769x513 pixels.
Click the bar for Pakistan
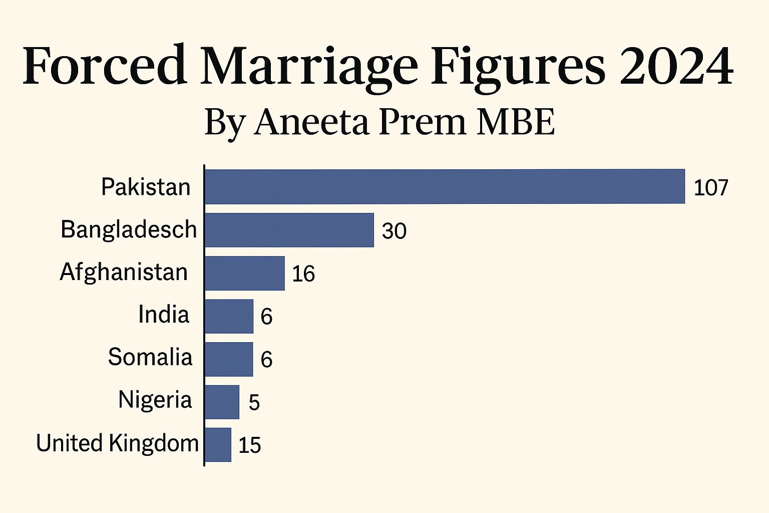tap(445, 186)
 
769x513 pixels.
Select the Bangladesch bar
tap(289, 230)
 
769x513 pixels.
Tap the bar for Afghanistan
tap(245, 273)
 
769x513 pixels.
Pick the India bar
tap(229, 316)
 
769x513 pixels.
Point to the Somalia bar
tap(229, 359)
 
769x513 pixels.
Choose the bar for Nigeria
tap(222, 402)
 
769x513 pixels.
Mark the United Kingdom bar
tap(218, 445)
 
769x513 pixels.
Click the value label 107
tap(710, 188)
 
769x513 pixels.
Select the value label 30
tap(394, 231)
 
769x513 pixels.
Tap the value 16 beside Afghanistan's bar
tap(303, 274)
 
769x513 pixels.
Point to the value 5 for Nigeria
tap(254, 403)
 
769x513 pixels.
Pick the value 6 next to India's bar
tap(266, 317)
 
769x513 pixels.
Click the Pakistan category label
tap(146, 187)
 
